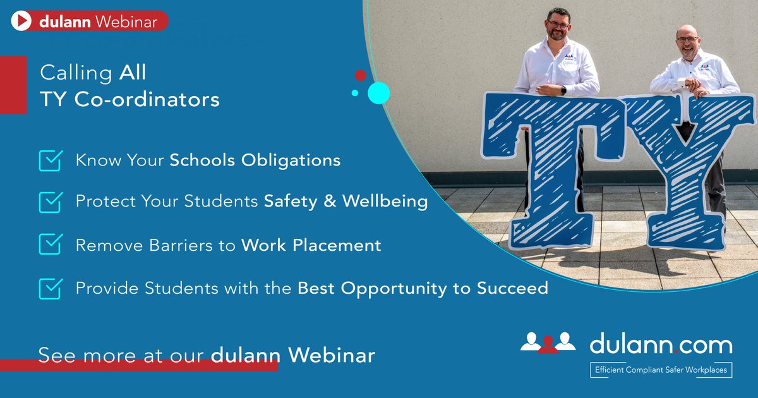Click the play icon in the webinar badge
(21, 21)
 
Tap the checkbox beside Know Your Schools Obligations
(50, 160)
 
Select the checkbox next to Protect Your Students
(50, 202)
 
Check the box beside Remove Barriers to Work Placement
(50, 244)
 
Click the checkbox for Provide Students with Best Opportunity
(50, 288)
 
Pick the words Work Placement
(311, 244)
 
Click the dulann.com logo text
(661, 345)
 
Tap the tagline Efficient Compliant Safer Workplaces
(660, 370)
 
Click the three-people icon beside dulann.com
(548, 342)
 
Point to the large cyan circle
(378, 93)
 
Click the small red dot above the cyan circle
(360, 75)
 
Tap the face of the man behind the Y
(687, 43)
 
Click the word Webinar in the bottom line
(332, 354)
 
